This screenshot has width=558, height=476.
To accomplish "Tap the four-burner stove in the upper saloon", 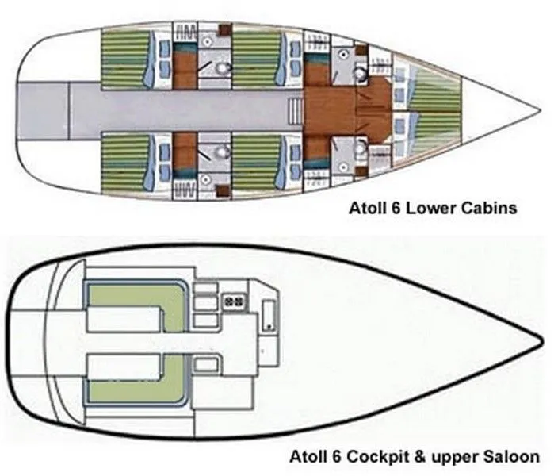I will tap(235, 301).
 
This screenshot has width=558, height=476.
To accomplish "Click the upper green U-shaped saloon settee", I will tap(135, 305).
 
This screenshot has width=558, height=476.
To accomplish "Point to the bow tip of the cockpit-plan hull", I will tap(543, 342).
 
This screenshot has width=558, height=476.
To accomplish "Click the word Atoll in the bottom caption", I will tap(327, 457).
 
